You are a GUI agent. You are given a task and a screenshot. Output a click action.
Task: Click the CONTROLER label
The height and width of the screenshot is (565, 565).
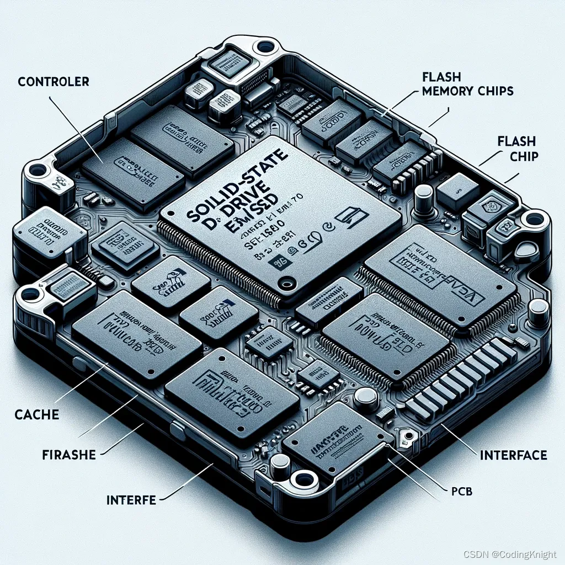54,82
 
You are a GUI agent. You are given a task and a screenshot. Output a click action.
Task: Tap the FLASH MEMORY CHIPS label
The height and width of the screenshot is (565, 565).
467,84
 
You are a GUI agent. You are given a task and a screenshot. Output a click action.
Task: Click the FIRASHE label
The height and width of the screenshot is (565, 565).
69,455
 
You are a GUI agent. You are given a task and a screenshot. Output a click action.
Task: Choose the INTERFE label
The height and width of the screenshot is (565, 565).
131,500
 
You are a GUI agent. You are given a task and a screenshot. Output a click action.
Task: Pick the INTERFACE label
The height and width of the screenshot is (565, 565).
513,455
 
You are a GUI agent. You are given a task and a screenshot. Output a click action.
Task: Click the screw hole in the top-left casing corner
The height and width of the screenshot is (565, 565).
266,46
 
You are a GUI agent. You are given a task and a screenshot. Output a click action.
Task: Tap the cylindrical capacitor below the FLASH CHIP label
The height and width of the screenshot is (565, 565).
423,195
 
